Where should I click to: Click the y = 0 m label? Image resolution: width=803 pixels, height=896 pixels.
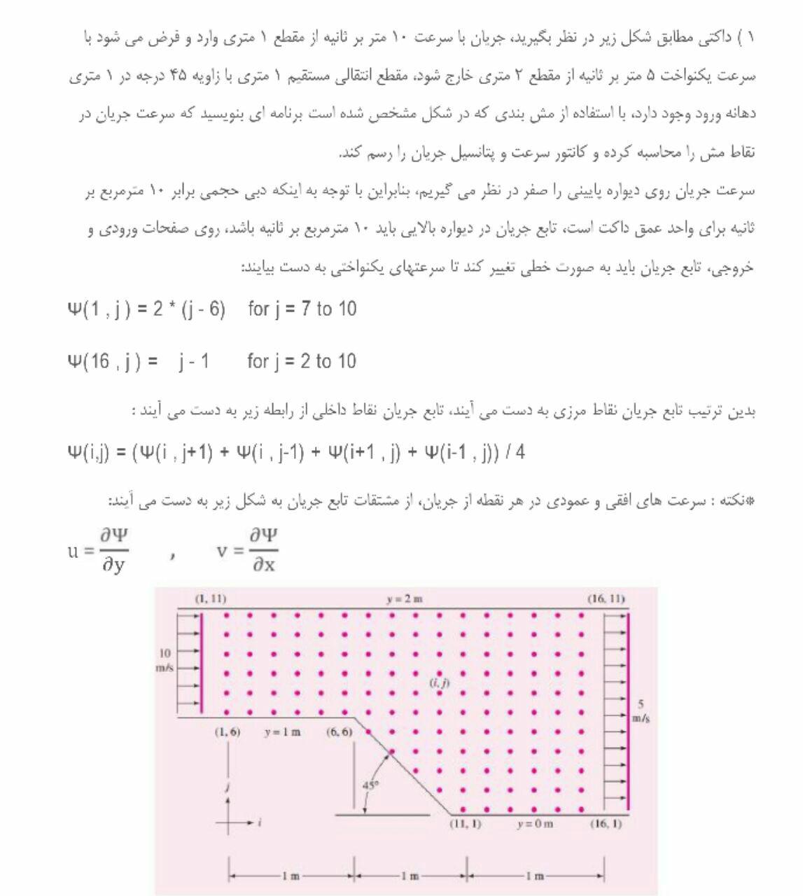(x=535, y=824)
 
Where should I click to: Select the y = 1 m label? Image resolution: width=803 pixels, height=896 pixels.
(x=283, y=732)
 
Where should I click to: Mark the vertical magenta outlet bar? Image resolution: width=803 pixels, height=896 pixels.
(x=629, y=710)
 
